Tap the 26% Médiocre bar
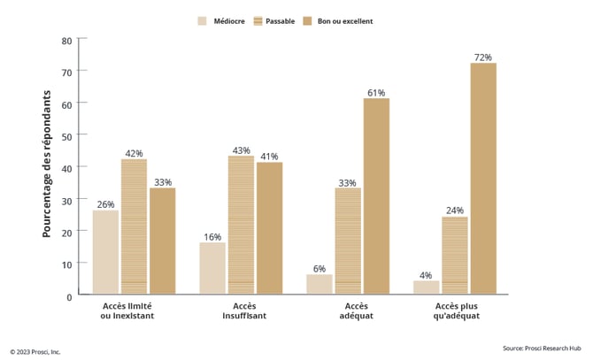click(x=105, y=252)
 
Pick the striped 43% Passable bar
click(x=241, y=226)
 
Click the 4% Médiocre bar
click(x=427, y=287)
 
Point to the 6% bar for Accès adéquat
click(x=320, y=284)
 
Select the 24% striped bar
click(x=455, y=256)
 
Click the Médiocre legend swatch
click(x=203, y=20)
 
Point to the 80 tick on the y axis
click(x=67, y=40)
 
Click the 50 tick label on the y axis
click(x=67, y=135)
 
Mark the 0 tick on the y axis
click(x=69, y=295)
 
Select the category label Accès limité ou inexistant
click(x=133, y=311)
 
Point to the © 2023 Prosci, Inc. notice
click(x=35, y=351)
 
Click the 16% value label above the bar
click(x=212, y=237)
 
